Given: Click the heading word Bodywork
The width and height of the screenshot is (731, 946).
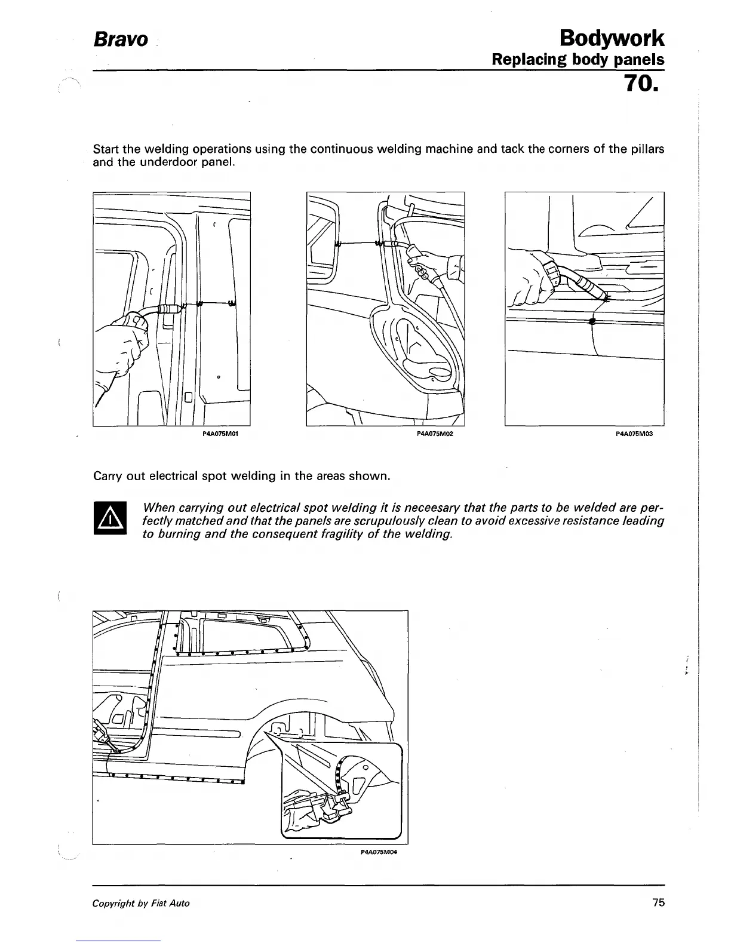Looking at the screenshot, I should [x=612, y=38].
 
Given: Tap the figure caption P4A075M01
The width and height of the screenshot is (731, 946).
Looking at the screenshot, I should [x=222, y=434].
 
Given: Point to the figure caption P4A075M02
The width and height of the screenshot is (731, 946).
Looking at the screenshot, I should [x=435, y=434].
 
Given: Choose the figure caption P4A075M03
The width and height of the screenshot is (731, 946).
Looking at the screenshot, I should [x=634, y=434].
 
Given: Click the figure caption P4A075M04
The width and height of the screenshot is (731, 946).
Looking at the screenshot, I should [x=379, y=852].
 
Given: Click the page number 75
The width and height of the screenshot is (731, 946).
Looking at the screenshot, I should [x=658, y=902].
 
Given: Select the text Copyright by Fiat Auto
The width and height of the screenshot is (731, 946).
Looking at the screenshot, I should [x=141, y=903].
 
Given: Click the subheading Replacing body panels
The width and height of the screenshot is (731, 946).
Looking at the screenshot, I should [x=578, y=60].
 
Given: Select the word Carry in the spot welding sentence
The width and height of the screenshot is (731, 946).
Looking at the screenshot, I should [x=107, y=476].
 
